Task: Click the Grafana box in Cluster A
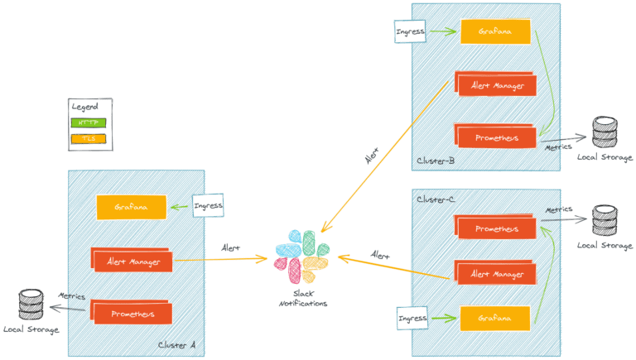pos(131,208)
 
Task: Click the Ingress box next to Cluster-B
pos(411,32)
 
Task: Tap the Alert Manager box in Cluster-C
pos(495,272)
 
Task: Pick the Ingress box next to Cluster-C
pos(412,317)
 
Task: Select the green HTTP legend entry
pos(89,122)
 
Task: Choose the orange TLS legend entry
pos(89,138)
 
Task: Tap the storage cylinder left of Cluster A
pos(31,303)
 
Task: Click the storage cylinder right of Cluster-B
pos(603,131)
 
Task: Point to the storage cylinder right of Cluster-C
pos(603,220)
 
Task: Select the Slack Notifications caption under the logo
pos(302,299)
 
